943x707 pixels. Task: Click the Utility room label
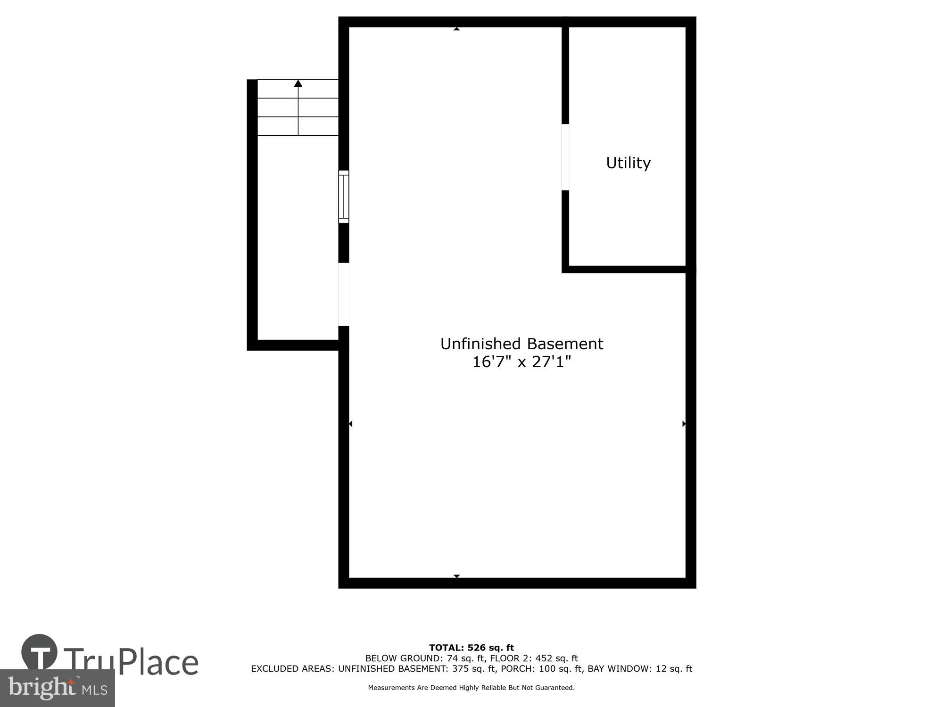pos(628,163)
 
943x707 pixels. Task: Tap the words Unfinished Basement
pos(521,344)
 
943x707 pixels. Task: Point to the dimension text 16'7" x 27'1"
pos(521,362)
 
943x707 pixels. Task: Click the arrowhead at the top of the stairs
pos(298,83)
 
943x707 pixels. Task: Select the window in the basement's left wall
pos(344,197)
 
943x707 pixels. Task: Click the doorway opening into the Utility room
pos(565,157)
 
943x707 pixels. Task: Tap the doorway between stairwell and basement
pos(344,294)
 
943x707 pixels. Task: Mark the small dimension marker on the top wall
pos(456,29)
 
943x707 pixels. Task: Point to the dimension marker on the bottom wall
pos(456,576)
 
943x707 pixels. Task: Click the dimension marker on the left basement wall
pos(350,424)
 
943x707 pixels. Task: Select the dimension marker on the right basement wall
pos(684,424)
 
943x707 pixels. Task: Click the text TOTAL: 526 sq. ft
pos(471,648)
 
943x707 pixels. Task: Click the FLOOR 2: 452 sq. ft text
pos(534,658)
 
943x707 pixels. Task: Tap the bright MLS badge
pos(57,688)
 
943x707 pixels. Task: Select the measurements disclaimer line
pos(471,688)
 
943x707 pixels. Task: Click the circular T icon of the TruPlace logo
pos(40,652)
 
